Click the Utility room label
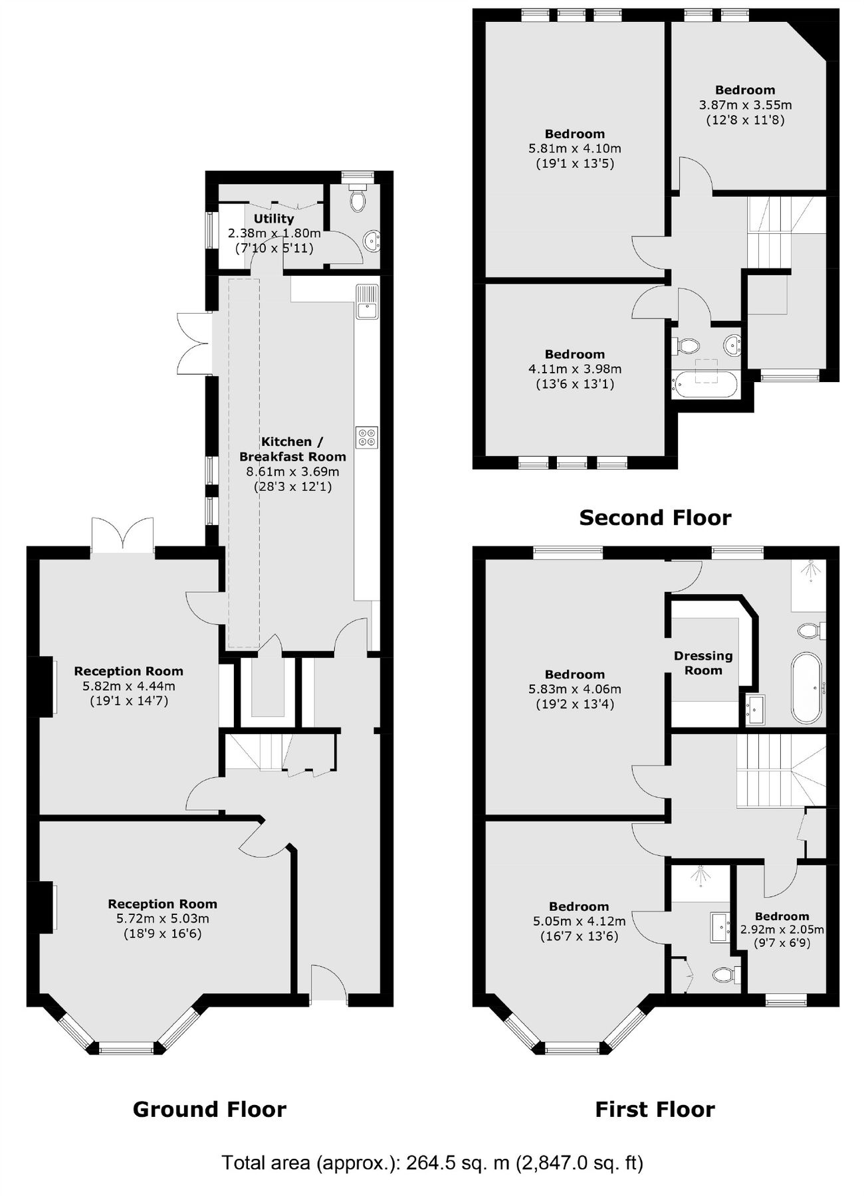coord(274,219)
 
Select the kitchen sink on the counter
coord(367,302)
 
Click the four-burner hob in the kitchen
coord(367,437)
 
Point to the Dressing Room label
coord(703,663)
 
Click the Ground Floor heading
coord(209,1109)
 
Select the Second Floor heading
coord(655,518)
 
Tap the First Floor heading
coord(655,1109)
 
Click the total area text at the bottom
coord(432,1162)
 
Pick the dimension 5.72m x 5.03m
coord(163,919)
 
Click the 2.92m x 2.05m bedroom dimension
coord(782,930)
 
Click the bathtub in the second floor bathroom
coord(706,384)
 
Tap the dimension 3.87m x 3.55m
coord(745,105)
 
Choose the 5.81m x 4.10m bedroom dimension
coord(575,149)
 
